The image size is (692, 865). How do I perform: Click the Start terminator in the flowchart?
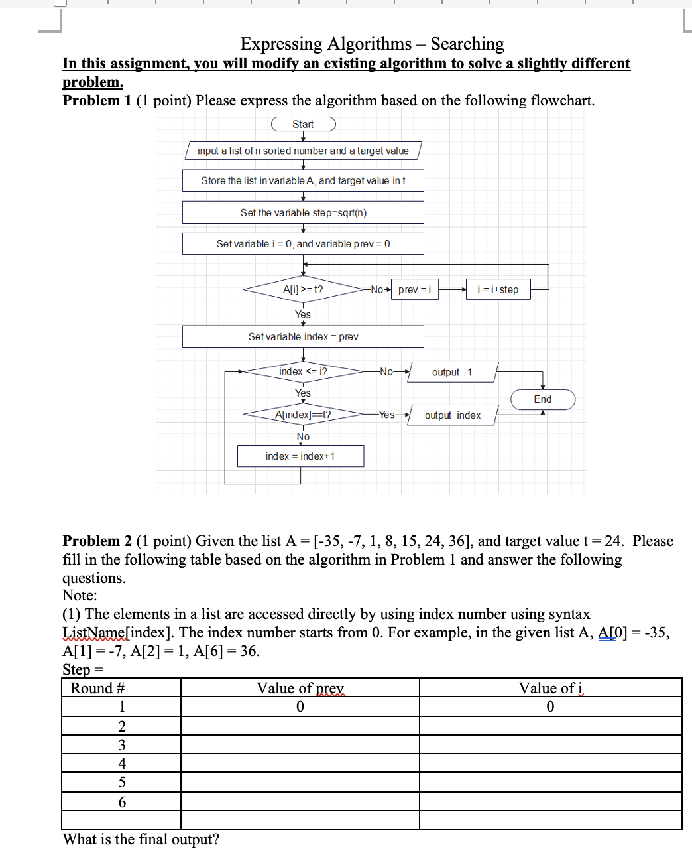click(304, 124)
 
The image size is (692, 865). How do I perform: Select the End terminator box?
click(543, 399)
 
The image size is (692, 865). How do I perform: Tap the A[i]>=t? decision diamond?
click(303, 289)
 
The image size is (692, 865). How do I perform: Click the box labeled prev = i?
click(415, 290)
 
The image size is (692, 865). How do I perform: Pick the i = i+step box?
click(498, 290)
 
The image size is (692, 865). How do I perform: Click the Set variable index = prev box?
click(303, 336)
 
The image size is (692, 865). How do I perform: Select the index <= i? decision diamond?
click(303, 372)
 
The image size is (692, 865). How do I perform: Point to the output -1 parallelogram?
click(453, 372)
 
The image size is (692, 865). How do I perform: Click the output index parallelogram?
click(453, 415)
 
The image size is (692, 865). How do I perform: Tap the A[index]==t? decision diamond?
click(303, 415)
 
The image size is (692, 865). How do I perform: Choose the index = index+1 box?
click(300, 456)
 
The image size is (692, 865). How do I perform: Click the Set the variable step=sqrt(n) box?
click(303, 212)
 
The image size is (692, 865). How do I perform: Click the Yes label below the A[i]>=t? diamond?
click(303, 314)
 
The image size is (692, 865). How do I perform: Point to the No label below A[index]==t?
click(303, 436)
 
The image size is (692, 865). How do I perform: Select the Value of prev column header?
click(300, 688)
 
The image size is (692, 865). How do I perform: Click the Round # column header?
click(97, 688)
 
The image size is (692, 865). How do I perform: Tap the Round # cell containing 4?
click(122, 764)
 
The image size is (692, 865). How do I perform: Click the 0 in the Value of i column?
click(550, 706)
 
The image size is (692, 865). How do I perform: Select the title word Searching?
click(467, 44)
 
